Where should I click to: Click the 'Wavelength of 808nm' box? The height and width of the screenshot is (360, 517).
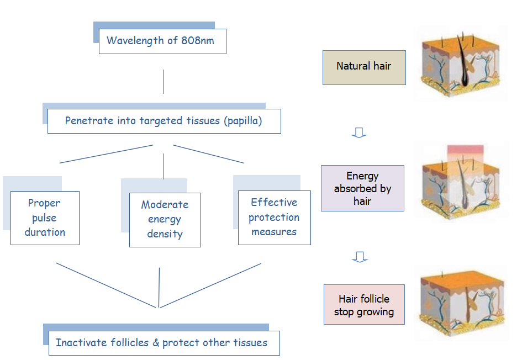(x=162, y=41)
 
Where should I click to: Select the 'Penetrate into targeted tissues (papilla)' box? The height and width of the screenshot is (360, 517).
(x=164, y=121)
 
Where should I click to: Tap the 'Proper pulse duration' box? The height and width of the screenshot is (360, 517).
(x=45, y=218)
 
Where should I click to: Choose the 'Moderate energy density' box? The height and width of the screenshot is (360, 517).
(x=165, y=220)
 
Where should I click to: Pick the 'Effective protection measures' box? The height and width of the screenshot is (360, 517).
(x=274, y=218)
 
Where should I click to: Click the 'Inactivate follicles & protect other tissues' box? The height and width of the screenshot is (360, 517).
(x=162, y=343)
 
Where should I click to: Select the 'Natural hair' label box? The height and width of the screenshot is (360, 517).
(x=364, y=67)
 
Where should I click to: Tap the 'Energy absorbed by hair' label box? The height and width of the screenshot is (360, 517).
(x=362, y=188)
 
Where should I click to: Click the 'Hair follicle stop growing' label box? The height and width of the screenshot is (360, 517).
(x=364, y=305)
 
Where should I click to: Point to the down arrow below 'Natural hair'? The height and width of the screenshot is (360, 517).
(x=359, y=133)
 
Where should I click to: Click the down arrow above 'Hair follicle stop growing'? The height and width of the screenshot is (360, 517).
(x=360, y=257)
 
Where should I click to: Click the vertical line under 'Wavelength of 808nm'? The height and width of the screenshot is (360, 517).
(x=163, y=82)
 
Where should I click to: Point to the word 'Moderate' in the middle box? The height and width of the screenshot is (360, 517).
(x=165, y=205)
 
